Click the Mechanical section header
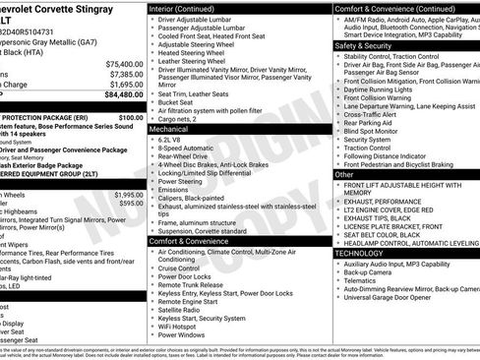pos(168,128)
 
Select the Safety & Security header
pos(362,45)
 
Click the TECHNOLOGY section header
pos(359,253)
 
